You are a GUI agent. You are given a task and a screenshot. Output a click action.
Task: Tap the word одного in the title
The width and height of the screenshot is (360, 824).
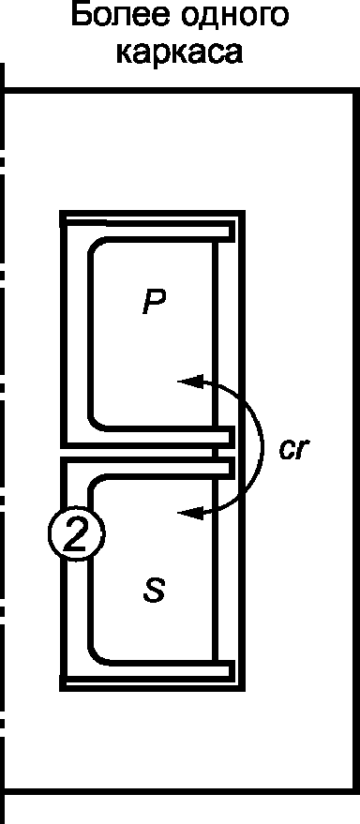click(234, 17)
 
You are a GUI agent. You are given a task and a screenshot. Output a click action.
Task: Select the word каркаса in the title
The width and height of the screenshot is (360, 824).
click(180, 52)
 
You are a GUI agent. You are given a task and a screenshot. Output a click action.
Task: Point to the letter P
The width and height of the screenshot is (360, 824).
click(155, 302)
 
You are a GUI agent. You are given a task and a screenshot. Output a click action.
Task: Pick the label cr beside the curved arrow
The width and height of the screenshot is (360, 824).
click(292, 449)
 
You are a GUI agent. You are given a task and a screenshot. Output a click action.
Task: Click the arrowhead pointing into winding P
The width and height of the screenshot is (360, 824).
click(189, 381)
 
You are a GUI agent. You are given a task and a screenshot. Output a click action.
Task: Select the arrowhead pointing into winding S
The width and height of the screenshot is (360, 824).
click(189, 513)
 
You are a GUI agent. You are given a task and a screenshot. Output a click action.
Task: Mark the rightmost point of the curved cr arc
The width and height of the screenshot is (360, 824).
click(262, 446)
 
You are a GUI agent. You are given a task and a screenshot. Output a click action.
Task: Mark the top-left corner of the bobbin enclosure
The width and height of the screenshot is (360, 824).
click(62, 214)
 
